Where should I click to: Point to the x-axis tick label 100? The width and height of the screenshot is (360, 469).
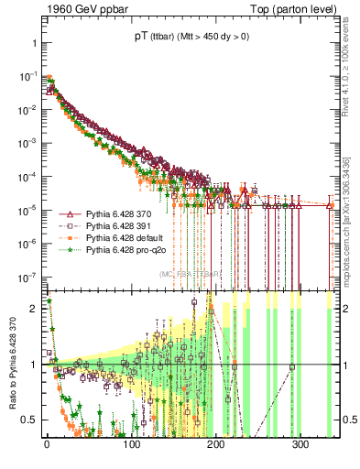coord(132,445)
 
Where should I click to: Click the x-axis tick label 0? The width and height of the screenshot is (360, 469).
coord(47,445)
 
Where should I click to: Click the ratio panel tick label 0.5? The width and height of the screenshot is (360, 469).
coord(30,420)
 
